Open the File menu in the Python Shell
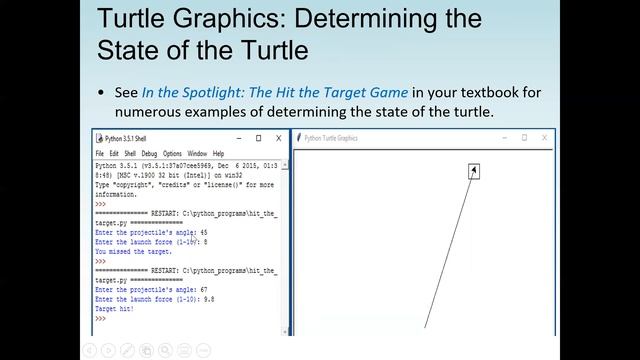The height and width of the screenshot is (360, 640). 100,153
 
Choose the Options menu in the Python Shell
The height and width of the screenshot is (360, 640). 172,153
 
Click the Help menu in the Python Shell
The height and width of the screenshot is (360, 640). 220,153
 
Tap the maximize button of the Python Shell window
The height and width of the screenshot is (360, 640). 258,138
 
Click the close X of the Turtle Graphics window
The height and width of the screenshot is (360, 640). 545,138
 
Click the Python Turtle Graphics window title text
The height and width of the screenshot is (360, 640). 330,139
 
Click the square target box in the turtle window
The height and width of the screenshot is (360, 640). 474,171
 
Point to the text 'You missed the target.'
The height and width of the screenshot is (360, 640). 133,252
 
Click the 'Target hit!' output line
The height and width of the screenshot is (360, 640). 114,309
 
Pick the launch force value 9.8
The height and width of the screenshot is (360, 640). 208,299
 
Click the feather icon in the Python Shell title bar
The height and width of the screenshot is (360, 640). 98,138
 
